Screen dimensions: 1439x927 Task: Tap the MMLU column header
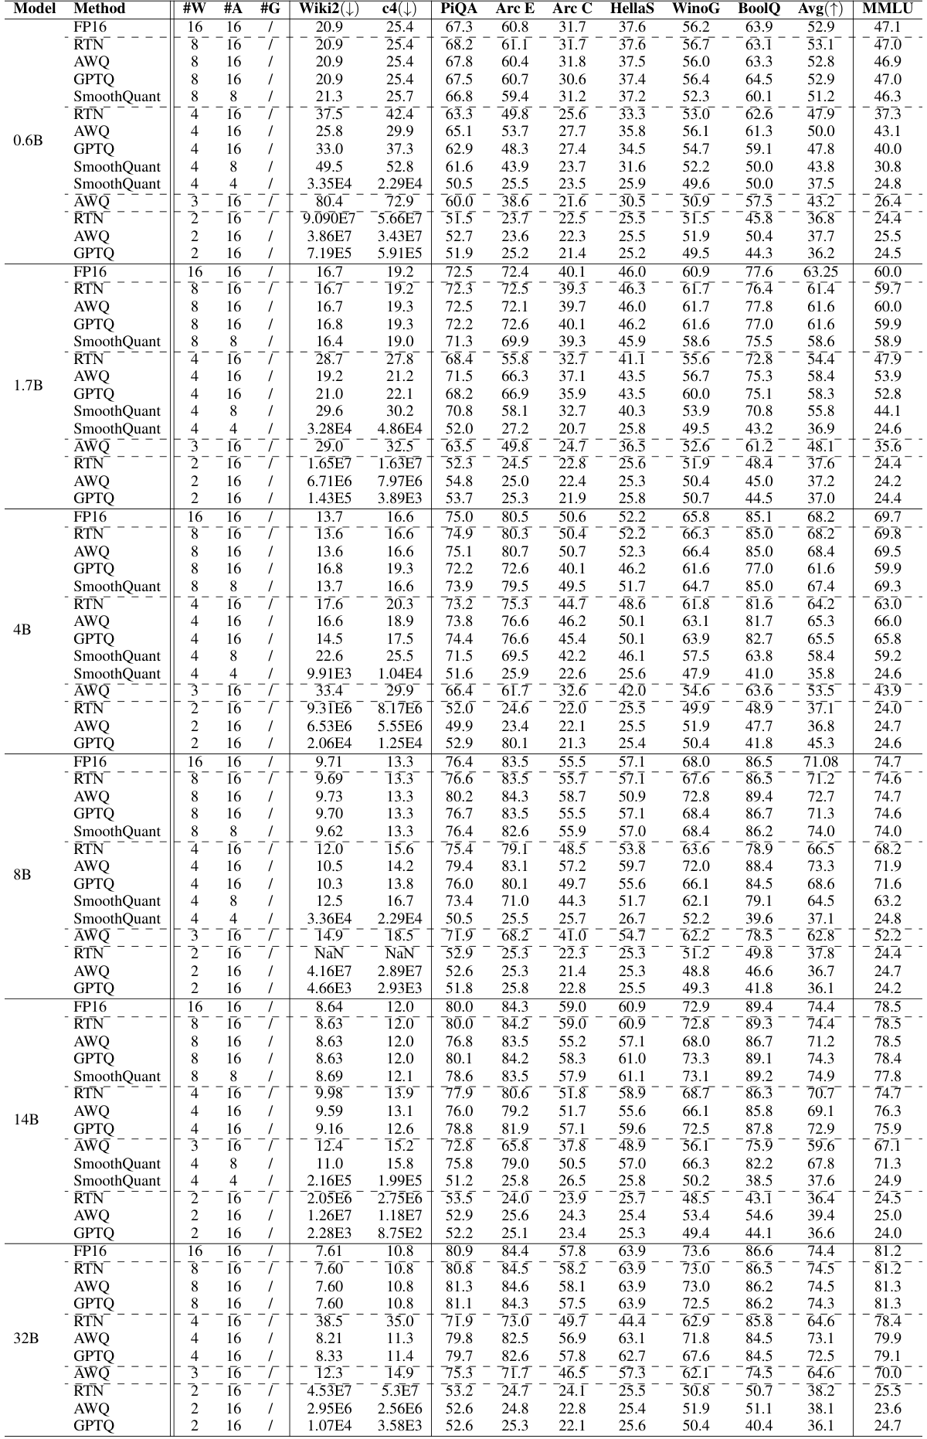pos(888,9)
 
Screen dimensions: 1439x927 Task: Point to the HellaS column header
pos(632,9)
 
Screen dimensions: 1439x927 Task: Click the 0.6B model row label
pos(28,141)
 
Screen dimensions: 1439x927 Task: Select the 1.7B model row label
pos(28,386)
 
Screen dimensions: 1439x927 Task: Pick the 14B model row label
pos(26,1119)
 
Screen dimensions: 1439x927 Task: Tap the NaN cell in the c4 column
pos(399,954)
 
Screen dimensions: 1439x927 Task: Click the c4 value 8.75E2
pos(399,1233)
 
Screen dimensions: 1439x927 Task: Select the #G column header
pos(270,9)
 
